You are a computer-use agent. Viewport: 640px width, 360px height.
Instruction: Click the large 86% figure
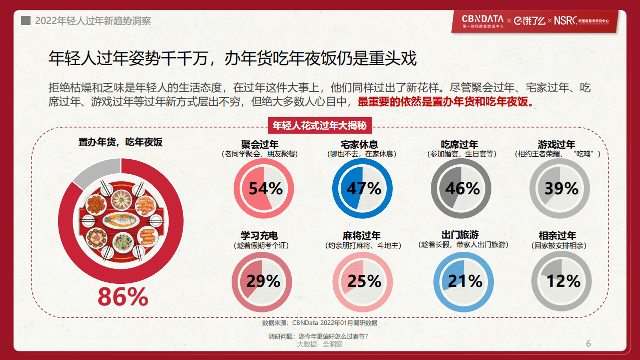[x=123, y=297]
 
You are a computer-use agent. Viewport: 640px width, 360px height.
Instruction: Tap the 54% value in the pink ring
[x=265, y=189]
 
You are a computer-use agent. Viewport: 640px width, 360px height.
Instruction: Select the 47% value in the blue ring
[x=364, y=189]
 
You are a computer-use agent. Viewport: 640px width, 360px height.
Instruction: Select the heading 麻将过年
[x=362, y=236]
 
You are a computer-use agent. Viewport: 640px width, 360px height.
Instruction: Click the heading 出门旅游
[x=460, y=235]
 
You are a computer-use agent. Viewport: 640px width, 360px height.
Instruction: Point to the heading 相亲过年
[x=557, y=236]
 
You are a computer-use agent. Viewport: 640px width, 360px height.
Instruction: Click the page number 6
[x=588, y=343]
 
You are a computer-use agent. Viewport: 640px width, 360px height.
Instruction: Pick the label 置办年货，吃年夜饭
[x=121, y=142]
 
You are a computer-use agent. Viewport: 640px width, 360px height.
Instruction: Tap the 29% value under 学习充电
[x=263, y=281]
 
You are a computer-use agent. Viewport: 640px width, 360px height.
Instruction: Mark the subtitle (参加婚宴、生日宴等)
[x=462, y=154]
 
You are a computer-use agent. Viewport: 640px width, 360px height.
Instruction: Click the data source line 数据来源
[x=320, y=323]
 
